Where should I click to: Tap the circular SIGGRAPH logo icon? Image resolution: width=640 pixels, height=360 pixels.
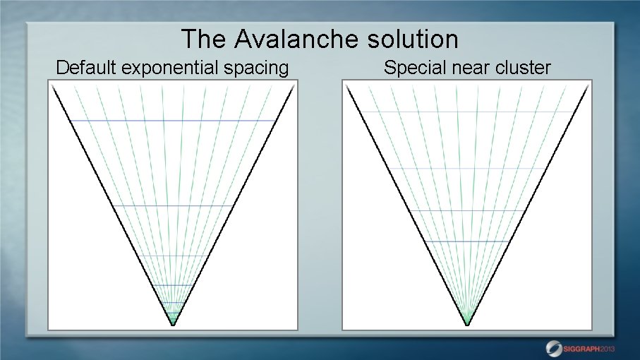(555, 348)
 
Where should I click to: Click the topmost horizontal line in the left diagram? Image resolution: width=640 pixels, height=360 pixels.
(173, 121)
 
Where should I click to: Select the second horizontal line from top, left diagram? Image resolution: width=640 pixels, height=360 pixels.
(173, 205)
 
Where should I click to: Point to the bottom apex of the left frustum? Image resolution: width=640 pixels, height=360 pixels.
(173, 325)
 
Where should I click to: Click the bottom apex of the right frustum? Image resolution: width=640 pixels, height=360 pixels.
(467, 325)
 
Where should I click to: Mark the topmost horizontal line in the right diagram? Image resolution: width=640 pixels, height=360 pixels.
(467, 112)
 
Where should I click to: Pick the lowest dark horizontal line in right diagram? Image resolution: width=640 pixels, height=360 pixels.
(467, 241)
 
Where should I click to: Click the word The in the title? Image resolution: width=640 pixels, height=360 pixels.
(202, 38)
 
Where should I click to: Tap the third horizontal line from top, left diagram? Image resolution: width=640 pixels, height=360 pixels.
(173, 256)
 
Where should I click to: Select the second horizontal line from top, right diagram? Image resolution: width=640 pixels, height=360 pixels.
(467, 168)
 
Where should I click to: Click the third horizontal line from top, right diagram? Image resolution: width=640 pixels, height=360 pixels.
(467, 210)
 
